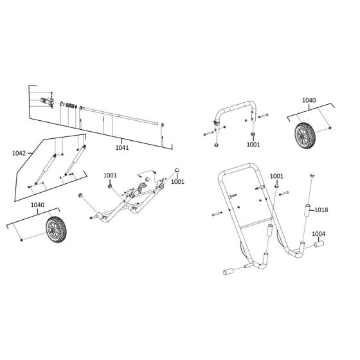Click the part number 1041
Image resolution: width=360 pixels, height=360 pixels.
click(122, 148)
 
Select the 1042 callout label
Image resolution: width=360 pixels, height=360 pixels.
click(19, 154)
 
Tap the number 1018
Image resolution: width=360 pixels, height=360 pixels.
click(321, 210)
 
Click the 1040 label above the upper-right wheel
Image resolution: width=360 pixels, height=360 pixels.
click(309, 101)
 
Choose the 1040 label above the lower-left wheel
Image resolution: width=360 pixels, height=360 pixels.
click(37, 205)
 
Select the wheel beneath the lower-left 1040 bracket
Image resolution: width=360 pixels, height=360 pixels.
click(57, 230)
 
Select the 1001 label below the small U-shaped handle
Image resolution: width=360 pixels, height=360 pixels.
click(253, 145)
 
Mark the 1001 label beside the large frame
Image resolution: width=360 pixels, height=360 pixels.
click(276, 176)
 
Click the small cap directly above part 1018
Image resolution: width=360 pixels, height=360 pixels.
click(312, 175)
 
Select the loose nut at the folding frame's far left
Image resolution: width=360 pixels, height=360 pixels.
click(80, 195)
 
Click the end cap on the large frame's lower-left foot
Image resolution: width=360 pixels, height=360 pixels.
click(229, 273)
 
